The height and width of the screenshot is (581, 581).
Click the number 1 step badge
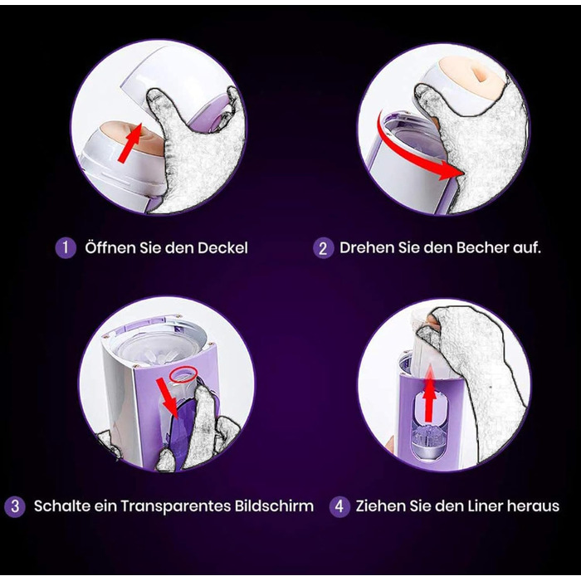pyautogui.click(x=66, y=247)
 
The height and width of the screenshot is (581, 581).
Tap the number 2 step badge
pyautogui.click(x=323, y=248)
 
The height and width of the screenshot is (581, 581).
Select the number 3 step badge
pyautogui.click(x=15, y=506)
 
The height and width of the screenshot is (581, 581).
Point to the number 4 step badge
pyautogui.click(x=339, y=506)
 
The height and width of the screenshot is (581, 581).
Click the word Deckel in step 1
pyautogui.click(x=222, y=248)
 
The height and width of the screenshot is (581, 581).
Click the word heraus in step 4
pyautogui.click(x=533, y=506)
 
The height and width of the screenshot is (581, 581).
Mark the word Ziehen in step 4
pyautogui.click(x=380, y=506)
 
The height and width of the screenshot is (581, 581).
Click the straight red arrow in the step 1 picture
pyautogui.click(x=129, y=143)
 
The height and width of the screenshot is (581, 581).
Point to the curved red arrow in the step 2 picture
pyautogui.click(x=404, y=153)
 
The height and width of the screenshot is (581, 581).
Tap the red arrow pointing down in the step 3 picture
pyautogui.click(x=168, y=398)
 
